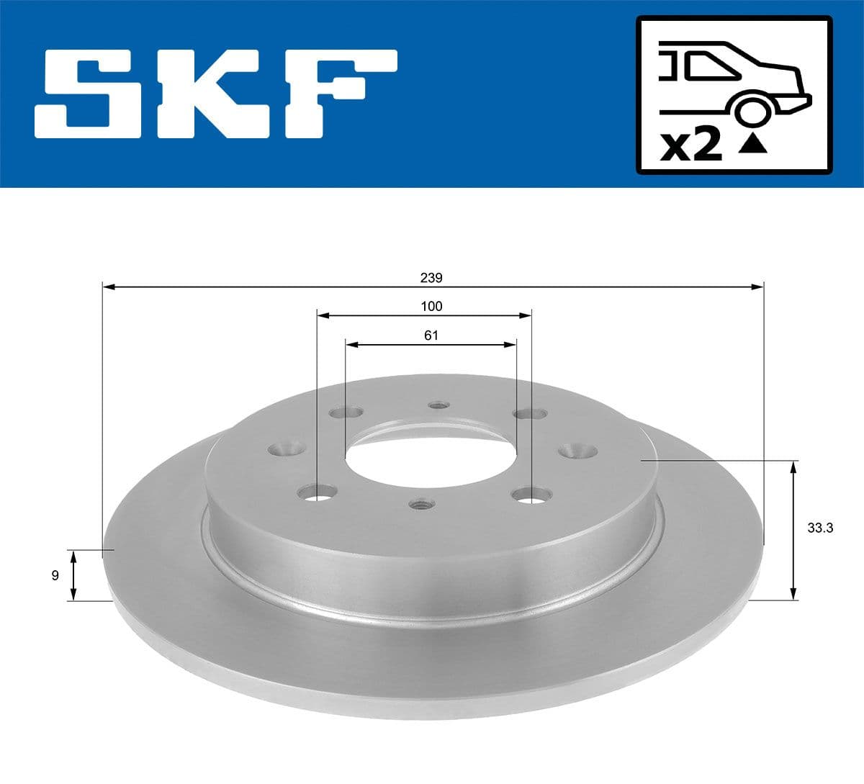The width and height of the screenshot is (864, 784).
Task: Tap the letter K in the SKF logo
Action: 216,94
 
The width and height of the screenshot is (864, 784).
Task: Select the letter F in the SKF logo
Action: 338,94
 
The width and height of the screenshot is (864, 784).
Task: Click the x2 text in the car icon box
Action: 691,146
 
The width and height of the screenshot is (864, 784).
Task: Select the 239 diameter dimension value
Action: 433,277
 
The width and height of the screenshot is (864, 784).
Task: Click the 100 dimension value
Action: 431,306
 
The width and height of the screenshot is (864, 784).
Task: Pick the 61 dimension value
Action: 431,335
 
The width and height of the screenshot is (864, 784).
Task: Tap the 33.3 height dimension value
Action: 820,528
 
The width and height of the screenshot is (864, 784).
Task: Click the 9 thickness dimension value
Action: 55,575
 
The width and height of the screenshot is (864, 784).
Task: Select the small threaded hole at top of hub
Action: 437,405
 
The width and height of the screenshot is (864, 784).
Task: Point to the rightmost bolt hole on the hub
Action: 579,450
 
